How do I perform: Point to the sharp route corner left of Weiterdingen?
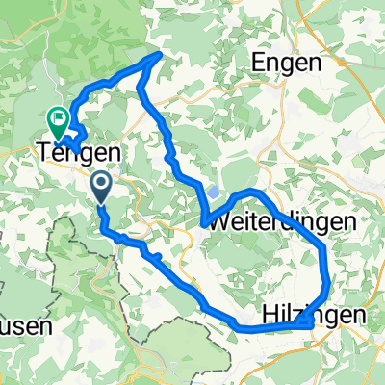click(205, 225)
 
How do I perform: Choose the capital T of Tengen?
click(42, 152)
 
